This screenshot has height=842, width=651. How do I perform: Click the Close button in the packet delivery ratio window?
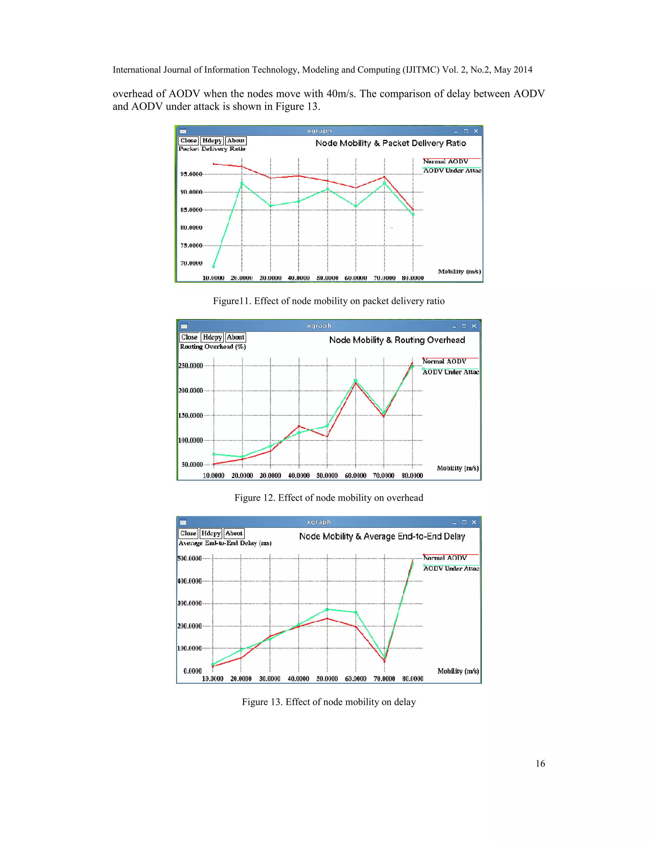[x=188, y=141]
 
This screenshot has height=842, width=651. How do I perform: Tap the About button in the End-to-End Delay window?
[x=234, y=533]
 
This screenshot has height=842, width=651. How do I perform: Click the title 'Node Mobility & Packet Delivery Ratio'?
[x=390, y=143]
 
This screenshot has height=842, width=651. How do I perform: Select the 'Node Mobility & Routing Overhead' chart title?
[x=397, y=340]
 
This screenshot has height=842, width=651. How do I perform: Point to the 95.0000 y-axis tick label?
[x=191, y=174]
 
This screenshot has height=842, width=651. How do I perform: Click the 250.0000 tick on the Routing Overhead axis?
[x=190, y=365]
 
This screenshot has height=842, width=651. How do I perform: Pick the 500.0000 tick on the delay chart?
[x=189, y=558]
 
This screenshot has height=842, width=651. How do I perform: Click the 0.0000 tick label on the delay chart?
[x=192, y=671]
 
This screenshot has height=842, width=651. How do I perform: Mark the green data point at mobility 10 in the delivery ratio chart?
[x=214, y=266]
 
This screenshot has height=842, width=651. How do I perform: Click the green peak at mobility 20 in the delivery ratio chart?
[x=242, y=183]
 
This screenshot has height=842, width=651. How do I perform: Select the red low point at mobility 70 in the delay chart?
[x=384, y=661]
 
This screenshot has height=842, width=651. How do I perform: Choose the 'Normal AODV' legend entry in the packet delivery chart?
[x=445, y=161]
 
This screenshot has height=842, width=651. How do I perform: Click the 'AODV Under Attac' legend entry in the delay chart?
[x=451, y=568]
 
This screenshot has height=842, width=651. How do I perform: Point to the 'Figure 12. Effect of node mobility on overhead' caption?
[x=329, y=498]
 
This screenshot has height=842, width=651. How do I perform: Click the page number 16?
[x=540, y=763]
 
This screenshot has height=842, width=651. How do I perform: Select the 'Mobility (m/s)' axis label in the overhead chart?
[x=457, y=468]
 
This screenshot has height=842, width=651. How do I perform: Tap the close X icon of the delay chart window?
[x=474, y=522]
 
